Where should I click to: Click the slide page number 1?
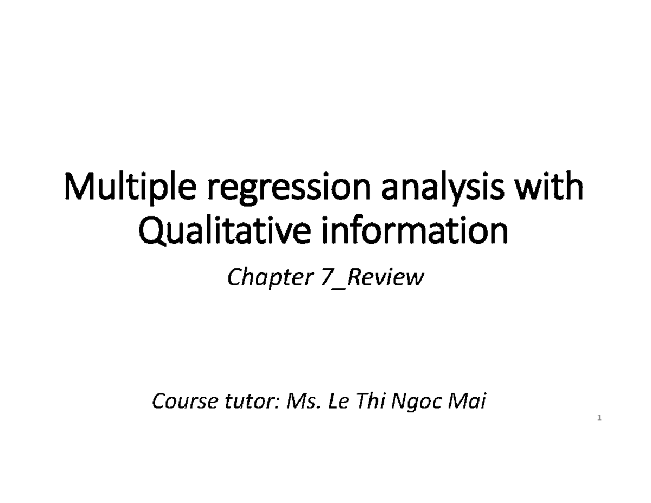coord(599,418)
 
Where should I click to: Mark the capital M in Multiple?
coord(76,188)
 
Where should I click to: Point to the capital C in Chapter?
coord(233,278)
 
